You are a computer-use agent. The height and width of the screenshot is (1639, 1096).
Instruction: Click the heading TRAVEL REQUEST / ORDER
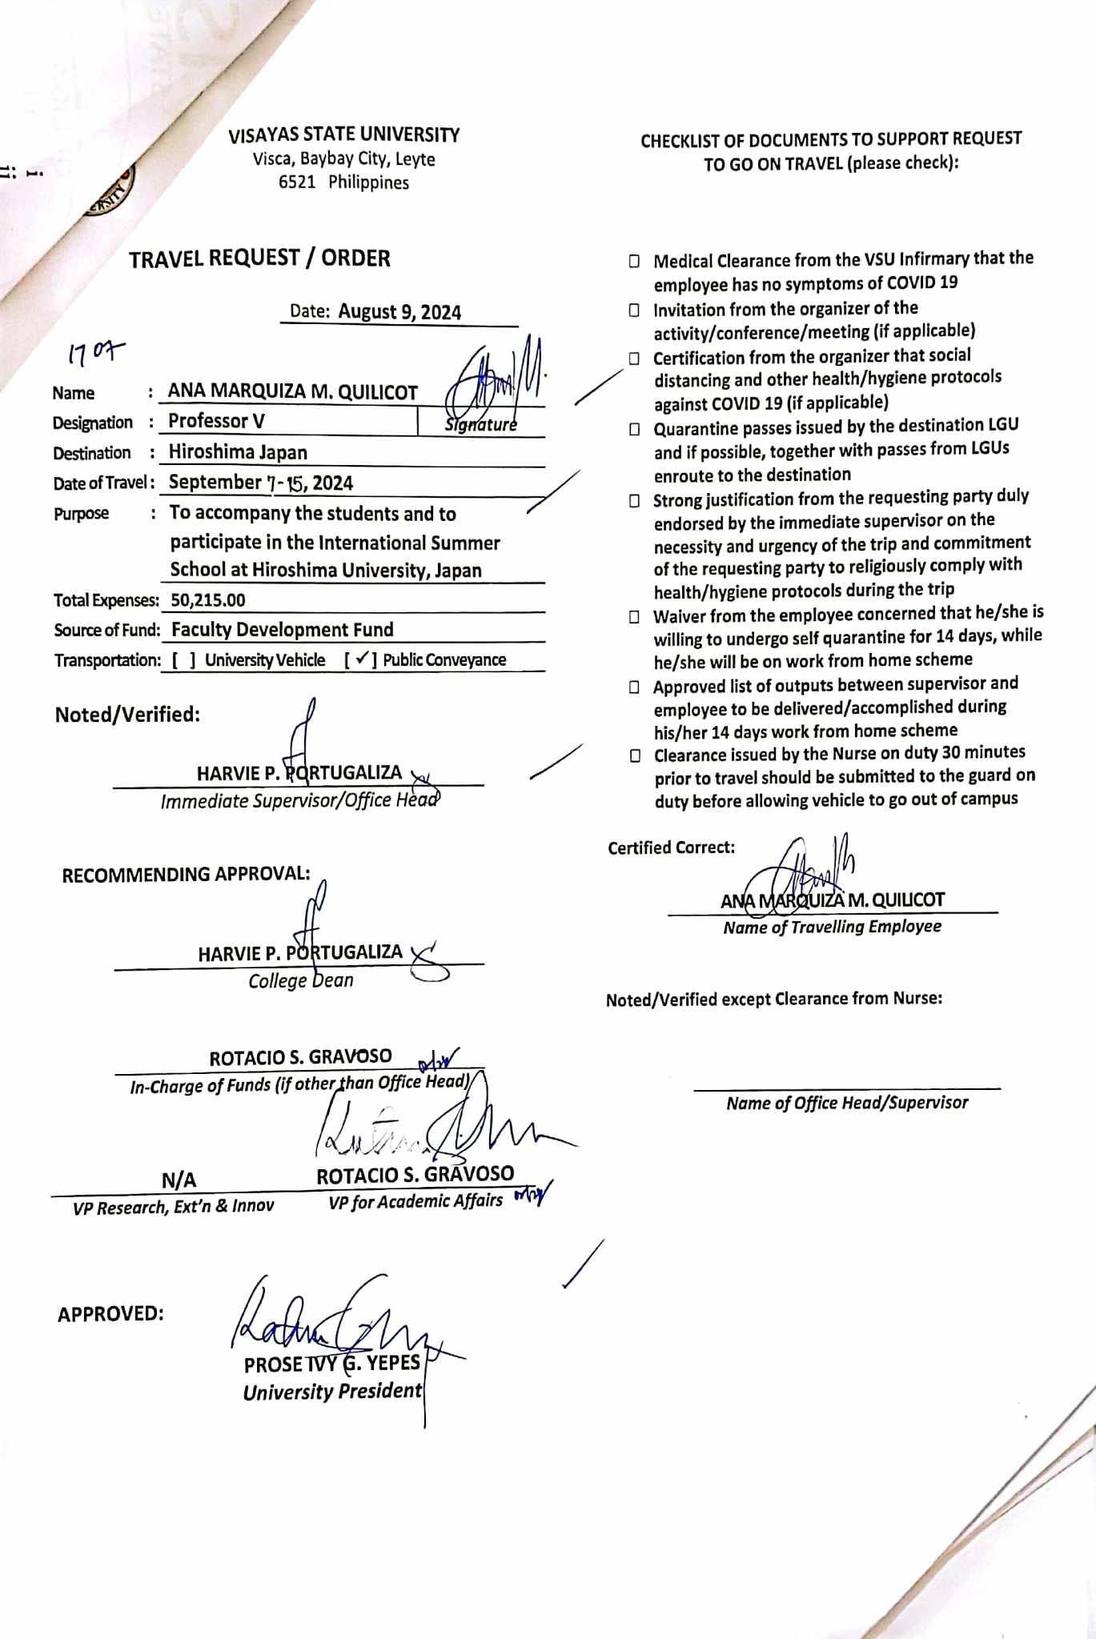259,258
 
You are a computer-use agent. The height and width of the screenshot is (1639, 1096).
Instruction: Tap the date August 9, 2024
399,311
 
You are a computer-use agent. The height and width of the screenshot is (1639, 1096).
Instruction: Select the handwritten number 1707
96,351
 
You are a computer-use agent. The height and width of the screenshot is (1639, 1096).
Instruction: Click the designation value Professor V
216,421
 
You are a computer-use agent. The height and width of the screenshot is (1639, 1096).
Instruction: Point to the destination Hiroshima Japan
238,452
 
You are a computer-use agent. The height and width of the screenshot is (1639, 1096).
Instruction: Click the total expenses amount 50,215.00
208,600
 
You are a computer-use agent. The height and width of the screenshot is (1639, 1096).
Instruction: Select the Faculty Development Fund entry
282,630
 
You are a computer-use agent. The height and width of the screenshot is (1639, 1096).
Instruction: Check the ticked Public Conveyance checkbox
362,659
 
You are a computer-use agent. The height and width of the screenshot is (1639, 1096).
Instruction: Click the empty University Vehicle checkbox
183,660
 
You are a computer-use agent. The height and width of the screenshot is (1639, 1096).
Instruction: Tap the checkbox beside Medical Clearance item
634,261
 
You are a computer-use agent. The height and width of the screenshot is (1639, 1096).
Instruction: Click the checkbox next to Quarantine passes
634,429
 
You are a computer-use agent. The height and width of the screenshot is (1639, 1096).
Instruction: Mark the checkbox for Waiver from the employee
634,617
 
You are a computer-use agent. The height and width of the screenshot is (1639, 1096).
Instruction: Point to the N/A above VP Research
179,1180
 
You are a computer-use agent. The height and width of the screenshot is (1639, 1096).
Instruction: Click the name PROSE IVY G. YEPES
331,1364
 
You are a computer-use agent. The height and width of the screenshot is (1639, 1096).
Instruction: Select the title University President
331,1392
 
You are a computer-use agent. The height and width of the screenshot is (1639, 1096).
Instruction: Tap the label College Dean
300,980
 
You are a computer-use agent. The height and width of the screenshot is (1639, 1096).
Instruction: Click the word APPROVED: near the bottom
110,1314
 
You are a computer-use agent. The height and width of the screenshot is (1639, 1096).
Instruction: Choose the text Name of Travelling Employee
832,927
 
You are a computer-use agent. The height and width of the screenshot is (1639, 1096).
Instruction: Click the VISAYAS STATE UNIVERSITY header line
344,134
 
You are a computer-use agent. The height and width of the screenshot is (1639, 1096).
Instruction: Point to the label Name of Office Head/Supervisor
847,1103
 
